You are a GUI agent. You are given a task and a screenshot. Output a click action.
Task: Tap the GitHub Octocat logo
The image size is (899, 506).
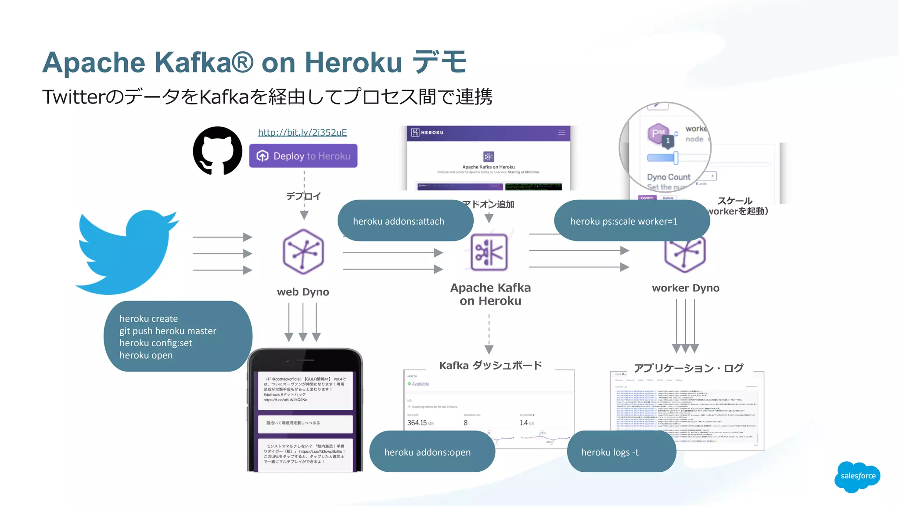218,151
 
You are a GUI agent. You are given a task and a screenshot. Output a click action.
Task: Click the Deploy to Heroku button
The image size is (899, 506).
303,156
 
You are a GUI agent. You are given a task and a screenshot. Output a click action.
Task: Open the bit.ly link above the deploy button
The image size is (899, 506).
302,132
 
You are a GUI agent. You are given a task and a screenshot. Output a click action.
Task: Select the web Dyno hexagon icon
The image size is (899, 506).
303,252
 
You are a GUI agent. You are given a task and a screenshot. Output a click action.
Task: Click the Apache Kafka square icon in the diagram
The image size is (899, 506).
489,252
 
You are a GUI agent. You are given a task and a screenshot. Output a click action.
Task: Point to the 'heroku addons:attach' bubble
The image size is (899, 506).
399,221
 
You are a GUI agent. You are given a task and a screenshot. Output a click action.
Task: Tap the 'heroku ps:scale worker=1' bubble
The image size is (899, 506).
624,221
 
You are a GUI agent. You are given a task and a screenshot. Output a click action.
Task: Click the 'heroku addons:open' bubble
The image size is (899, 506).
428,452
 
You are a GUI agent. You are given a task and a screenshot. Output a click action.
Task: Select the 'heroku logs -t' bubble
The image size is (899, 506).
610,452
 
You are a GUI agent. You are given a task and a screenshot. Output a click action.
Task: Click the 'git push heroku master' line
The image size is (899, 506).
168,331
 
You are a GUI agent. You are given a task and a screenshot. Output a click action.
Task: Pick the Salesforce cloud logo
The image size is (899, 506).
858,476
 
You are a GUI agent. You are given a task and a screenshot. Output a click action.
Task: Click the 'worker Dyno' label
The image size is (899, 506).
686,288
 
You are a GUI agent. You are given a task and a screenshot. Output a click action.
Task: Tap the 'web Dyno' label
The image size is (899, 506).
303,292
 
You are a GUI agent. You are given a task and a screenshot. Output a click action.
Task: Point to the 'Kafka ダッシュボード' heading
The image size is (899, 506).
491,366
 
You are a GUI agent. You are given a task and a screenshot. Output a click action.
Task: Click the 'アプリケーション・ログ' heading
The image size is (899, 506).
688,368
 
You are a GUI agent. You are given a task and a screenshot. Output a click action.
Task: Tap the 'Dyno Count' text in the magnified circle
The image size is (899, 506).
669,177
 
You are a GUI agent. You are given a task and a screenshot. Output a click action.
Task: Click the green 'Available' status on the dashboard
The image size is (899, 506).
420,384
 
